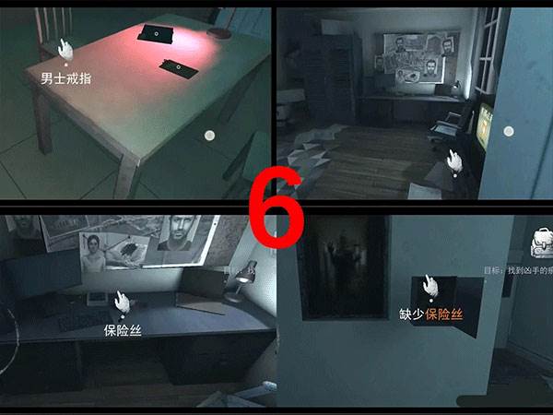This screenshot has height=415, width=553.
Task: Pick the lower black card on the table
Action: [x=174, y=66]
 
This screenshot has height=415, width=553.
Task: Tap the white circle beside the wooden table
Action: [x=210, y=136]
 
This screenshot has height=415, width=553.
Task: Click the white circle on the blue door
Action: [x=506, y=132]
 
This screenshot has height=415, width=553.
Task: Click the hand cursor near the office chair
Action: [x=453, y=161]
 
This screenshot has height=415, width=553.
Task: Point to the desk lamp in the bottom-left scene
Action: [x=243, y=277]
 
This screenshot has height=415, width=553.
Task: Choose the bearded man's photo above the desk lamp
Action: [x=178, y=235]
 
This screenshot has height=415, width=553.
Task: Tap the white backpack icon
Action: [x=541, y=242]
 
